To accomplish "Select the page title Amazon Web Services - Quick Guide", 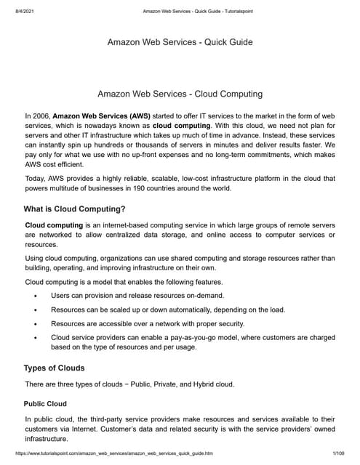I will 180,42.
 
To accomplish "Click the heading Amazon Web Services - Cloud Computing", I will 180,94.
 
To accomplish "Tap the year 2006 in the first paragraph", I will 42,115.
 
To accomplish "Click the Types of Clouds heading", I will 54,368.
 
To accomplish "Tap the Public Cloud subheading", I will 45,403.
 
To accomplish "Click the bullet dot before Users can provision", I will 36,296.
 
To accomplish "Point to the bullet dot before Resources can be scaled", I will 36,310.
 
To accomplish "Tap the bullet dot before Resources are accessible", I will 36,324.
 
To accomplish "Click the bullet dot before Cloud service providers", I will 36,338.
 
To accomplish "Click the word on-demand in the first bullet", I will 202,296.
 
